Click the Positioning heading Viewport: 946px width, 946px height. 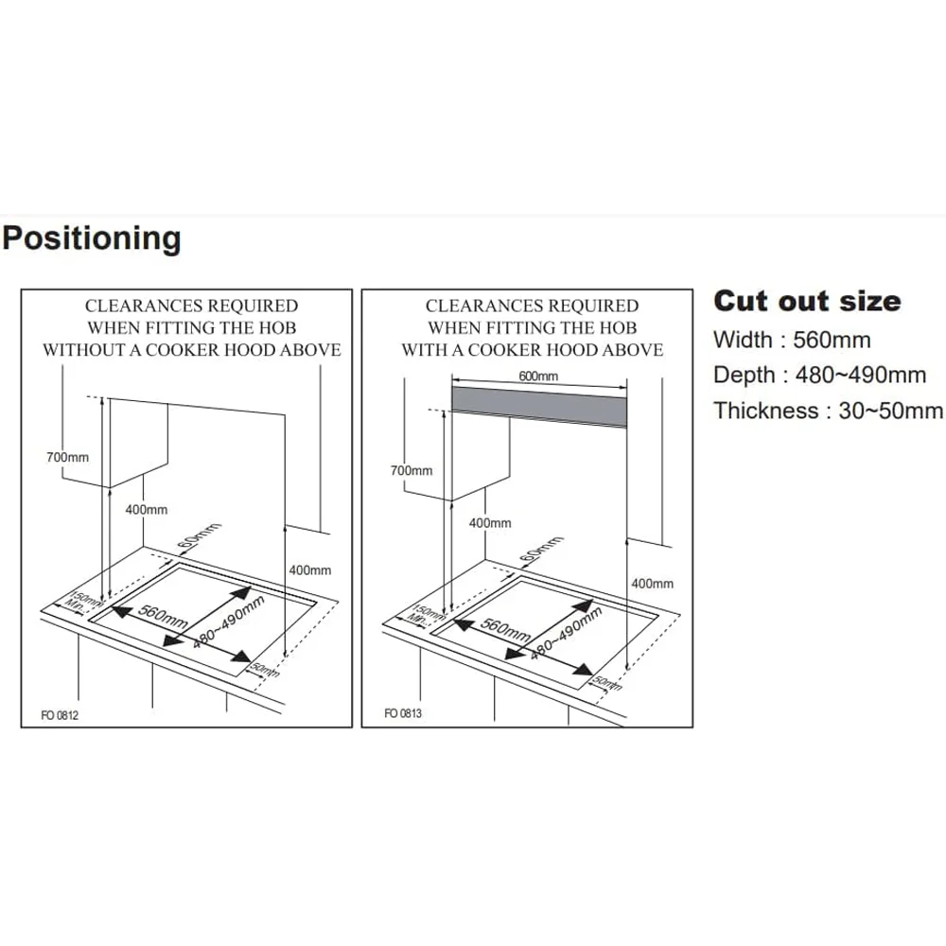pyautogui.click(x=91, y=239)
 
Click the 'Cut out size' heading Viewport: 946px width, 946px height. pyautogui.click(x=807, y=301)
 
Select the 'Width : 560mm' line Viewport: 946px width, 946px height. pyautogui.click(x=792, y=340)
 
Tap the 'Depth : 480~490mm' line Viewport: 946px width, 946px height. pyautogui.click(x=819, y=375)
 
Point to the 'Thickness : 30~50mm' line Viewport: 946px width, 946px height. pyautogui.click(x=828, y=411)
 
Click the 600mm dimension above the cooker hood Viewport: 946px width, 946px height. pyautogui.click(x=538, y=376)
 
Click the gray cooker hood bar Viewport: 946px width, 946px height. pyautogui.click(x=539, y=407)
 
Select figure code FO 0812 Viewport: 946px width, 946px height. pyautogui.click(x=60, y=715)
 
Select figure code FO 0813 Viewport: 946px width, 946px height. pyautogui.click(x=402, y=713)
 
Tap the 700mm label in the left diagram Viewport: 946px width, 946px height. pyautogui.click(x=67, y=457)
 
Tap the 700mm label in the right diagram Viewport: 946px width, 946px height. pyautogui.click(x=412, y=470)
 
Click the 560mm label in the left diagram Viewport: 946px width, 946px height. pyautogui.click(x=163, y=616)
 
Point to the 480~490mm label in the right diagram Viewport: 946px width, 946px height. pyautogui.click(x=566, y=632)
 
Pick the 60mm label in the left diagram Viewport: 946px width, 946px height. pyautogui.click(x=200, y=535)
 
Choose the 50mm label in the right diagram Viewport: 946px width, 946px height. pyautogui.click(x=606, y=682)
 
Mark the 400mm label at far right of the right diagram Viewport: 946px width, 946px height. pyautogui.click(x=652, y=584)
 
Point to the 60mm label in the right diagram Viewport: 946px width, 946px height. pyautogui.click(x=541, y=549)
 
